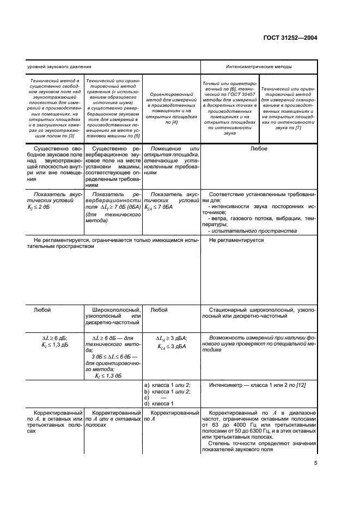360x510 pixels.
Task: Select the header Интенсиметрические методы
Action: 258,66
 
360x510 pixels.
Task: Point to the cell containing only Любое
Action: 258,148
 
